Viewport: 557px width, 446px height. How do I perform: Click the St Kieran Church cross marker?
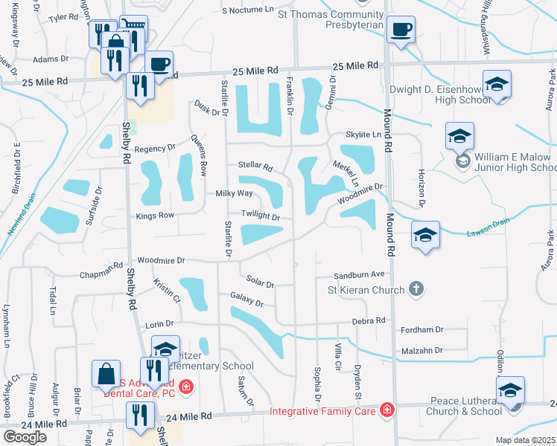[416, 289]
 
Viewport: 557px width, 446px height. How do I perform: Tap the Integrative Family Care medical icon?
[386, 410]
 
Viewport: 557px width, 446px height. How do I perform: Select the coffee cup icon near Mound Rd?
[401, 30]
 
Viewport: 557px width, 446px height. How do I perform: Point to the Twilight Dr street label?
[259, 217]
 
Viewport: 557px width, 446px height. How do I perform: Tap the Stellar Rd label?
[255, 166]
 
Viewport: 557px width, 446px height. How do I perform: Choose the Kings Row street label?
[154, 216]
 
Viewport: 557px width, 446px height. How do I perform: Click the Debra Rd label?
[369, 320]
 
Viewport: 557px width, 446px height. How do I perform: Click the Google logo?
[25, 437]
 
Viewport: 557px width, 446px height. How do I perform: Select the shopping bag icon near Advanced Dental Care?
[106, 372]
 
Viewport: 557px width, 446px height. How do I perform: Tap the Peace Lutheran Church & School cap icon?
[510, 390]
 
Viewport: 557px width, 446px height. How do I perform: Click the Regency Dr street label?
[154, 148]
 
